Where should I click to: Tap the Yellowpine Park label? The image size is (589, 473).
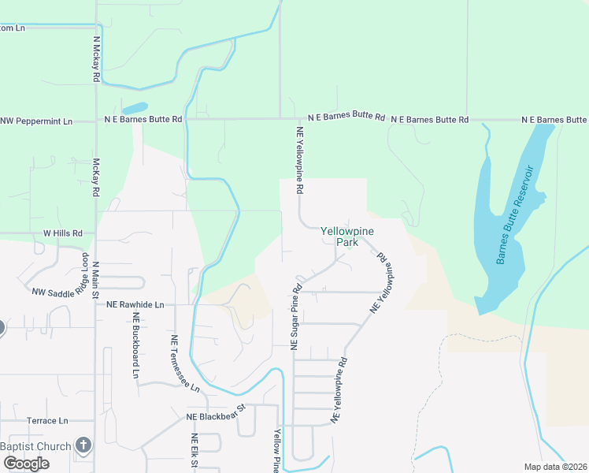point(346,236)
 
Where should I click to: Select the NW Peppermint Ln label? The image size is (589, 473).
point(36,121)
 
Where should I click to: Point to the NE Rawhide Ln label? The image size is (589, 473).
point(135,304)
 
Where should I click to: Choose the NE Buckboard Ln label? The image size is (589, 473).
point(135,345)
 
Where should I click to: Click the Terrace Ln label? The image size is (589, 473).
point(47,421)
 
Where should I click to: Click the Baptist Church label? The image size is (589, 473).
point(35,447)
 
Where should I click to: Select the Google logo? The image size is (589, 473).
point(26,464)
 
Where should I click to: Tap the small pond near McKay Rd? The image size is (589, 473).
point(135,108)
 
